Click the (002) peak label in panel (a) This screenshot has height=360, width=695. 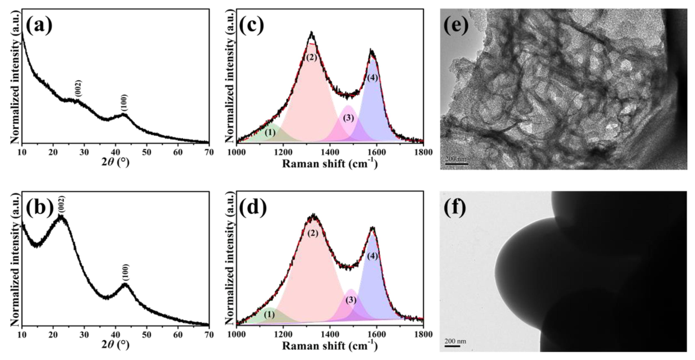click(x=78, y=89)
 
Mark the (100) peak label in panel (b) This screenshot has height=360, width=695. click(x=125, y=272)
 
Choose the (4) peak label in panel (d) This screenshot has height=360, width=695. click(x=373, y=256)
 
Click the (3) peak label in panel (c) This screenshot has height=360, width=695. click(x=348, y=118)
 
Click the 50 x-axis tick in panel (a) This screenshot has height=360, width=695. click(x=147, y=152)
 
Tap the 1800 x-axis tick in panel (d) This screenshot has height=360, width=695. click(x=423, y=335)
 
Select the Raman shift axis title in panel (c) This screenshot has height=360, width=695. click(x=330, y=164)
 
